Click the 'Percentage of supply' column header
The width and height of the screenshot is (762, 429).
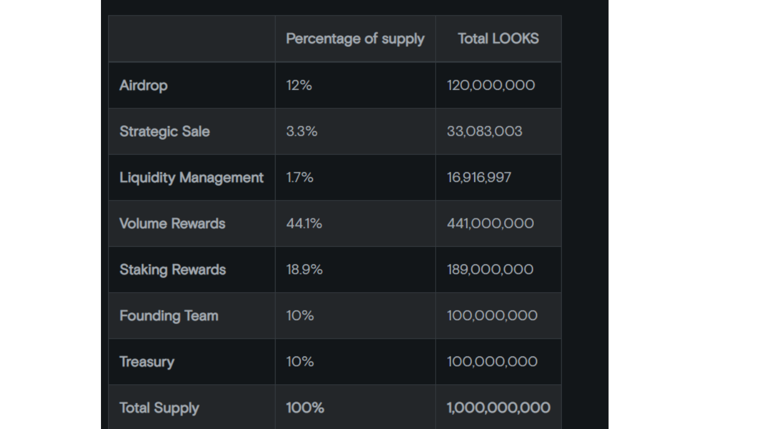(x=355, y=39)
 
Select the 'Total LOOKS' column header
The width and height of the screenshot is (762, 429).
(x=498, y=39)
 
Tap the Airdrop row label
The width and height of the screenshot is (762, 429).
(x=143, y=85)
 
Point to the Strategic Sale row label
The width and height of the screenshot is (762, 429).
(x=165, y=131)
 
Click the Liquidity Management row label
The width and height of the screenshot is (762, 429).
(x=191, y=178)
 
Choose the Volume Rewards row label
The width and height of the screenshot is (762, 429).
(x=172, y=223)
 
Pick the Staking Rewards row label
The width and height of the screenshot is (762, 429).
(x=172, y=270)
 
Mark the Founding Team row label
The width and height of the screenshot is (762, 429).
(x=168, y=316)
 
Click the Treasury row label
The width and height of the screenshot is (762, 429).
(x=147, y=362)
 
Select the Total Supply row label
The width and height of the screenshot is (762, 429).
(x=159, y=408)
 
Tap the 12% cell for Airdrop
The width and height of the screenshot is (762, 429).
(x=299, y=85)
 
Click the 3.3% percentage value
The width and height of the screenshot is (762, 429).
(x=302, y=131)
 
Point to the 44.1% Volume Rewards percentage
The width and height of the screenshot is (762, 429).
(x=304, y=223)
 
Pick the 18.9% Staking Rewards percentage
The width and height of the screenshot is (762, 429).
(x=304, y=270)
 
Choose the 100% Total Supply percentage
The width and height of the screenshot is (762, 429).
(x=305, y=408)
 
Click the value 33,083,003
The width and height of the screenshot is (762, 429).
(x=484, y=131)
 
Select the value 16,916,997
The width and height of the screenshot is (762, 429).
(x=479, y=178)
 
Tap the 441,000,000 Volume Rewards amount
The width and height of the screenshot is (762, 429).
(x=490, y=223)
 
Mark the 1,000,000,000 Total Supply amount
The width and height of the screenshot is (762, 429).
(x=498, y=408)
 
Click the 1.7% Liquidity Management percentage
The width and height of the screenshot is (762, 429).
(x=300, y=178)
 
